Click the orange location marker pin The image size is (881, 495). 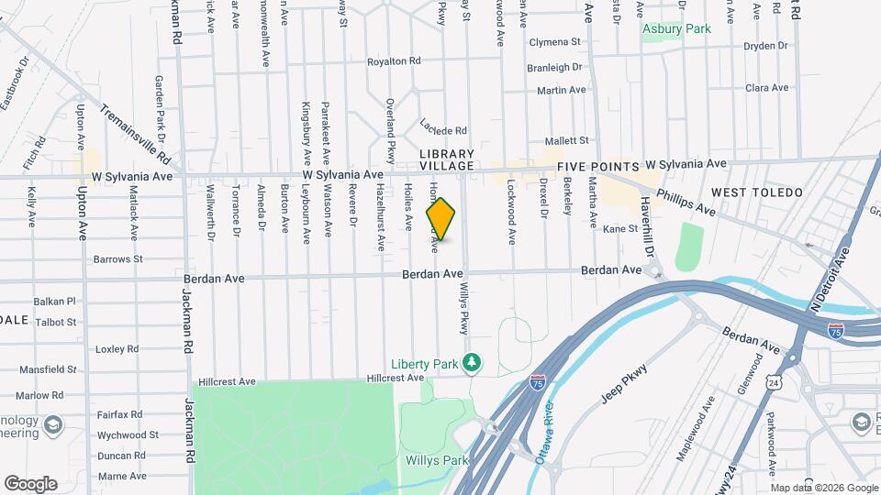point(441,219)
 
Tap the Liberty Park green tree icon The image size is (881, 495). point(472,364)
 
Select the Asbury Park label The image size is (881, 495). point(676,29)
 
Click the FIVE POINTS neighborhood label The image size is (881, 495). point(597,167)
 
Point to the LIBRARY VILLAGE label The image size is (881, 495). point(447,159)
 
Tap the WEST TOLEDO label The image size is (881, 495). point(757,192)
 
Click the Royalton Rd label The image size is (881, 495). point(393,61)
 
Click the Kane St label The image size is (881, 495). point(619,228)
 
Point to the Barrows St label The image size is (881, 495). point(118,259)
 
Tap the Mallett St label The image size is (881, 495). point(565,140)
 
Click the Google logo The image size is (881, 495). point(30,483)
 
